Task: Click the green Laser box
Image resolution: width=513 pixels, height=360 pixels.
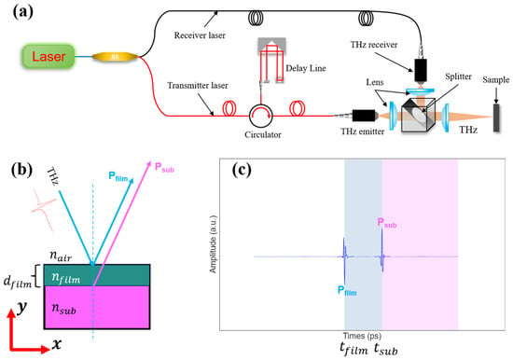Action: click(x=49, y=57)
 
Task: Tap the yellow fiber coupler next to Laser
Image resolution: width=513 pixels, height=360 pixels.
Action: click(x=115, y=57)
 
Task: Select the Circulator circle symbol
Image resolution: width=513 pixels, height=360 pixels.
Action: click(x=261, y=116)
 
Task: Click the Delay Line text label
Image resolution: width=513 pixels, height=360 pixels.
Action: click(x=306, y=68)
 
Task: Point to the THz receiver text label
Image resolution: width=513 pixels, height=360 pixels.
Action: click(x=374, y=45)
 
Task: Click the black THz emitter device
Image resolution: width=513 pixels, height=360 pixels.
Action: click(x=363, y=116)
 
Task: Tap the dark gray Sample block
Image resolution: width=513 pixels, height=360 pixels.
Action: click(x=496, y=118)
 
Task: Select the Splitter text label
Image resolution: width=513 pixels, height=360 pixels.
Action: click(x=458, y=76)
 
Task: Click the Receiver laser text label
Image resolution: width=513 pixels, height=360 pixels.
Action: click(x=200, y=35)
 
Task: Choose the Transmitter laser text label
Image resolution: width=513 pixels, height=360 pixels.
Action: click(x=198, y=86)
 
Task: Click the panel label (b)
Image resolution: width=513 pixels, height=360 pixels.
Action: click(x=21, y=170)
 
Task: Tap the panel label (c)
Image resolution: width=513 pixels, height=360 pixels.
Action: click(x=242, y=170)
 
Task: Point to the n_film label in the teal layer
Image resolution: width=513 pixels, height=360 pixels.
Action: click(x=66, y=278)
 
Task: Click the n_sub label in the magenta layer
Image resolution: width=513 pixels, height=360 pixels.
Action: click(x=63, y=309)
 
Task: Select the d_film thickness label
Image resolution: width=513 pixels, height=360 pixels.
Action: click(x=18, y=282)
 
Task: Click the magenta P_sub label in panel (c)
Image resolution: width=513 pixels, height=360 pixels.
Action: click(x=387, y=223)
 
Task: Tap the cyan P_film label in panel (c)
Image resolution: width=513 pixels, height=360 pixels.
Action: click(x=347, y=291)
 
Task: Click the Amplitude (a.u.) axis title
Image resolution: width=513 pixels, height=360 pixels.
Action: click(x=213, y=244)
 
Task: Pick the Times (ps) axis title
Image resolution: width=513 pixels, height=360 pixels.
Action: click(x=362, y=336)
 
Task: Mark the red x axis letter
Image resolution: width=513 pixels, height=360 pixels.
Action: click(x=57, y=344)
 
